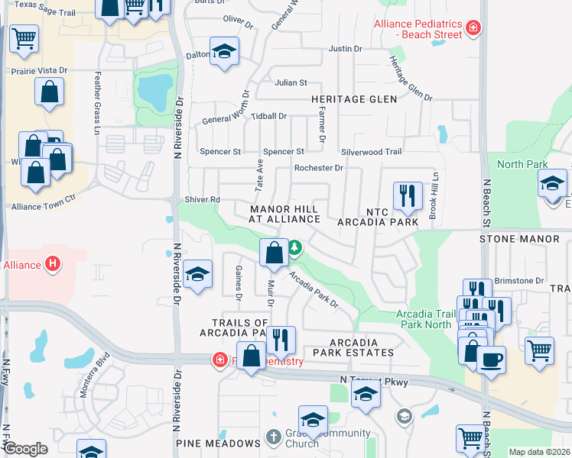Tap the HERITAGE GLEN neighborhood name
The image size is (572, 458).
click(x=354, y=99)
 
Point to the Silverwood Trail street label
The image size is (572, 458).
click(x=371, y=152)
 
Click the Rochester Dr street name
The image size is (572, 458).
click(x=319, y=168)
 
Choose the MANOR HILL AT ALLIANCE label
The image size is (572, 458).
click(x=284, y=214)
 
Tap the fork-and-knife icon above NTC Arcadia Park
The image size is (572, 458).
click(x=408, y=196)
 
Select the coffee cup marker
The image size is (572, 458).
click(x=491, y=359)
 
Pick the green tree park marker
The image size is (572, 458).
click(x=294, y=248)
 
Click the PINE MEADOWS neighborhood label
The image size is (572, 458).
click(x=218, y=443)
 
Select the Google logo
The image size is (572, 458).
click(x=25, y=449)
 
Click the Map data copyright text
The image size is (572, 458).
click(x=539, y=452)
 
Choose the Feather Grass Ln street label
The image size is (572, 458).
click(x=97, y=104)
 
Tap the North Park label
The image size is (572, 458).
click(x=522, y=164)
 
